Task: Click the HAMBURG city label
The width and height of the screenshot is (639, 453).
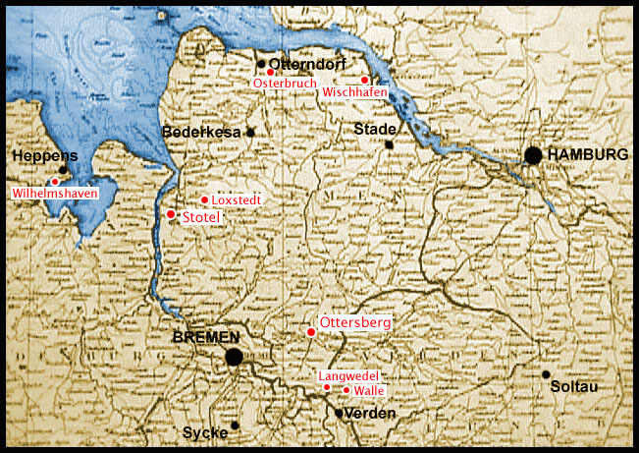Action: [588, 155]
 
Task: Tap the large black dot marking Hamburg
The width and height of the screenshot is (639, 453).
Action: [533, 155]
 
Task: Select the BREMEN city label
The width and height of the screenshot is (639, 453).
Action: [206, 337]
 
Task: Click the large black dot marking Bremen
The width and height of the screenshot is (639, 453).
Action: [234, 357]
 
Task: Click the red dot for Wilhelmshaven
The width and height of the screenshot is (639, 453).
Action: [55, 182]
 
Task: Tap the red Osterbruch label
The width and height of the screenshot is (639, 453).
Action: [285, 85]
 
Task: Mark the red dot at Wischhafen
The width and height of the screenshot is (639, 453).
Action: [364, 80]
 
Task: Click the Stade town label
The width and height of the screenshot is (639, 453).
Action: [375, 129]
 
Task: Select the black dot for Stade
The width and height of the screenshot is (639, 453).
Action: [390, 145]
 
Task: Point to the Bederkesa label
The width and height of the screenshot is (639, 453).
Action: [201, 132]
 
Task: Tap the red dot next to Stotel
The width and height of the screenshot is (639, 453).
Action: [171, 213]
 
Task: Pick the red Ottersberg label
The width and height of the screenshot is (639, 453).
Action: [356, 322]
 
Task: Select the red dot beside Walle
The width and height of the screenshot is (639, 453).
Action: [346, 390]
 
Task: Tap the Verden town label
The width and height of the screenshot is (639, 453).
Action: [371, 414]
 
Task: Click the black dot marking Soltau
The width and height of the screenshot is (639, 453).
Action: [546, 374]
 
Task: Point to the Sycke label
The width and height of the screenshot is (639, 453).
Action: [204, 432]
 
